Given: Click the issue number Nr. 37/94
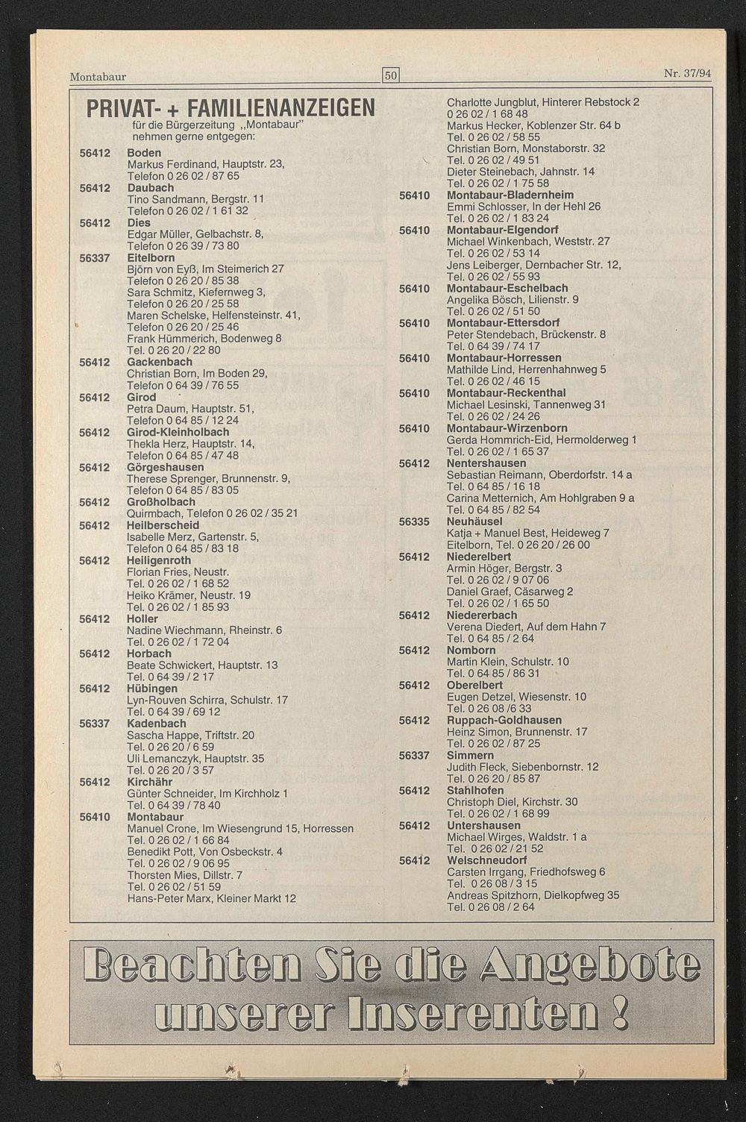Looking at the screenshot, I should click(687, 73).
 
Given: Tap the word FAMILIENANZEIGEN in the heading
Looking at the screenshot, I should click(281, 109).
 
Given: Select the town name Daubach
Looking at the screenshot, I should click(150, 188).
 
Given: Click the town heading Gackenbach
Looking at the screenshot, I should click(159, 363).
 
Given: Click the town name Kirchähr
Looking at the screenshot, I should click(149, 783).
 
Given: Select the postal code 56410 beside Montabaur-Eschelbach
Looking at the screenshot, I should click(414, 289).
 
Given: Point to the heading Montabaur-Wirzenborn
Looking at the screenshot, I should click(507, 429).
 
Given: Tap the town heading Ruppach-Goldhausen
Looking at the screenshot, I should click(504, 721).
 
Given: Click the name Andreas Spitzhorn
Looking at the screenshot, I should click(488, 896).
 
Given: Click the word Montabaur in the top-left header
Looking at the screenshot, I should click(98, 77).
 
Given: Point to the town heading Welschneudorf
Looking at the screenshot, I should click(486, 861).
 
